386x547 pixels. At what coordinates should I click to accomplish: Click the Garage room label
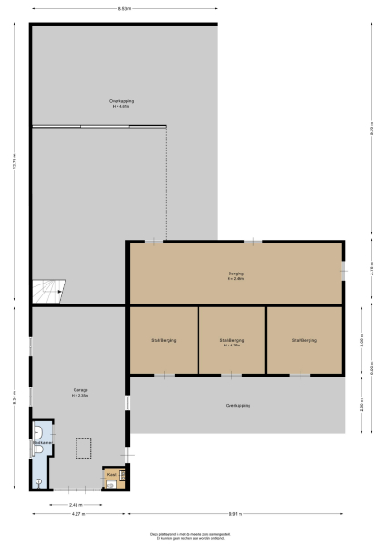pyautogui.click(x=80, y=392)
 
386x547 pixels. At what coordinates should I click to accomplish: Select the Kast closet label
pyautogui.click(x=111, y=474)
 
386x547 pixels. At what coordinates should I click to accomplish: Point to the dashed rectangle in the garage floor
pyautogui.click(x=85, y=449)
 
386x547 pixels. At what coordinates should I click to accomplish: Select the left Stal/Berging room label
pyautogui.click(x=164, y=340)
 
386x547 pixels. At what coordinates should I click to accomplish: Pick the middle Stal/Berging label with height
pyautogui.click(x=232, y=342)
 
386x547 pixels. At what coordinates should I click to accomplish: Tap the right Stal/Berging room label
pyautogui.click(x=305, y=340)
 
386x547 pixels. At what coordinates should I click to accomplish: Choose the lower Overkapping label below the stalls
pyautogui.click(x=238, y=405)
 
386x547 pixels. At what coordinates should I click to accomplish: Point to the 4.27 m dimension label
pyautogui.click(x=78, y=515)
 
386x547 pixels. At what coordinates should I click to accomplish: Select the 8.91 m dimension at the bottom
pyautogui.click(x=234, y=515)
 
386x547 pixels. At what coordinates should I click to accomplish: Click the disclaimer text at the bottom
pyautogui.click(x=192, y=537)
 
